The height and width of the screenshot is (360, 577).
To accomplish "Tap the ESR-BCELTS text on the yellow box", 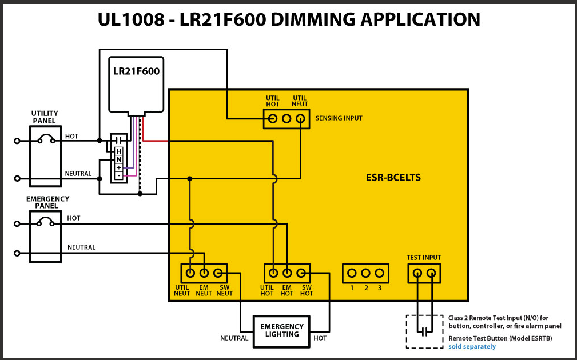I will tap(393, 177).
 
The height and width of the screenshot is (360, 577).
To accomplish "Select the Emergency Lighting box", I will tap(282, 330).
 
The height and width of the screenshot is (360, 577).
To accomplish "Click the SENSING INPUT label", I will tap(339, 118).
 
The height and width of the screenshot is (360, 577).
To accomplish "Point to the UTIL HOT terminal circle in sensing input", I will tap(273, 119).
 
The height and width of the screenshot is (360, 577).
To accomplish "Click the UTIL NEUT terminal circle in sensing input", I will tap(300, 119).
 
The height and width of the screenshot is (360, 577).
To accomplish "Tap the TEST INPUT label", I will tap(424, 258).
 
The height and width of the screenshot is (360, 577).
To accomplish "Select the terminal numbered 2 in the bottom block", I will tap(365, 274).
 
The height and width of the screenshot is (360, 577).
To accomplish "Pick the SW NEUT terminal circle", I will tap(218, 274).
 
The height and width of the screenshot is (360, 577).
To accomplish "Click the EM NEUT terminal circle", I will tap(204, 274).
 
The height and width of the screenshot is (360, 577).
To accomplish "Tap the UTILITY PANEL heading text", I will tap(44, 117).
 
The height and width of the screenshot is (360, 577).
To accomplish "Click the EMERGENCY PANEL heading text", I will tap(47, 202).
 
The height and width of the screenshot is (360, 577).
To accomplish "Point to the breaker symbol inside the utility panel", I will tap(45, 139).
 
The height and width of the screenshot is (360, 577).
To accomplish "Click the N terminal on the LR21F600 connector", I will tap(119, 159).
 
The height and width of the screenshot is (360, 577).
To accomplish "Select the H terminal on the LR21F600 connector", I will tap(119, 151).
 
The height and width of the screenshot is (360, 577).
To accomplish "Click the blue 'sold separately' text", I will tap(472, 346).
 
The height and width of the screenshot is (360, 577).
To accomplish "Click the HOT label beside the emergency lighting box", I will tap(320, 338).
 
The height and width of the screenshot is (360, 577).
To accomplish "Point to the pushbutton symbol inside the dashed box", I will tap(424, 330).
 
